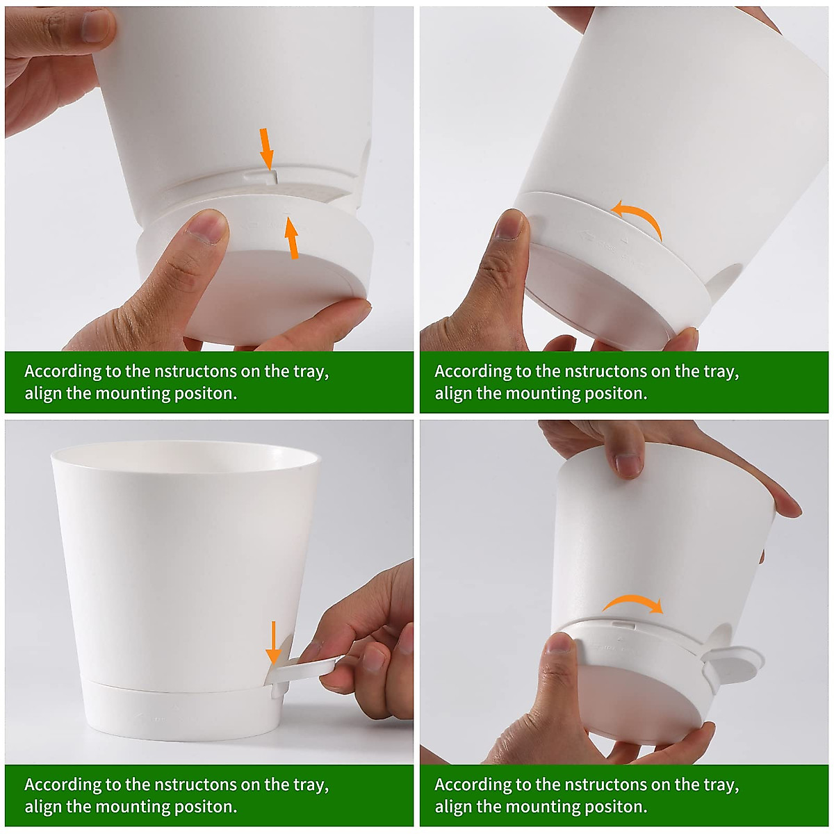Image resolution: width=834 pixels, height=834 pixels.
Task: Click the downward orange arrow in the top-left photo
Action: point(267,148)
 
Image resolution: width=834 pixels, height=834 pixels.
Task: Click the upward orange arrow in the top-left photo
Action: point(292,238)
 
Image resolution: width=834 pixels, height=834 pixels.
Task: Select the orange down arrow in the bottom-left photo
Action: point(273,642)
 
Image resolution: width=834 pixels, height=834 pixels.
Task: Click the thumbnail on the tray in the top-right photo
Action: point(509,224)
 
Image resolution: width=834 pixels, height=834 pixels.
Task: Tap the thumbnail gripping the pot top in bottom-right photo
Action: point(628,465)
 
